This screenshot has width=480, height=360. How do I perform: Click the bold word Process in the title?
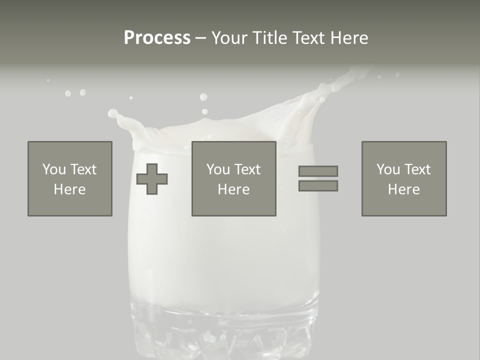coord(157,38)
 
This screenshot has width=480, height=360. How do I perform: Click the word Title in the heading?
coord(269,38)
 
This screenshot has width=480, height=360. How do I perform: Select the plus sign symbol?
coord(152,179)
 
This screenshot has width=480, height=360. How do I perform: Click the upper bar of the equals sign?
coord(318,171)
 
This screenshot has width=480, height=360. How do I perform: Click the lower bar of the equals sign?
coord(318,186)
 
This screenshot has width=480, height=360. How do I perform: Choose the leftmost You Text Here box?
coord(70,178)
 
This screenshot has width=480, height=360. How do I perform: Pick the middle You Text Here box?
coord(233,178)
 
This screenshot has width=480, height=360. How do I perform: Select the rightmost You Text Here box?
coord(404,178)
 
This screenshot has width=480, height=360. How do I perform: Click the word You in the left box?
coord(54,169)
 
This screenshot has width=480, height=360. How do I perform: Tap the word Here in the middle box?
coord(233,189)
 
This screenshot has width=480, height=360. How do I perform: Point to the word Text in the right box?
coord(416,169)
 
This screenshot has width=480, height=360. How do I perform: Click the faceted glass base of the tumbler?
coord(224,330)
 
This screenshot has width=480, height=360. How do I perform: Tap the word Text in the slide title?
coord(307,38)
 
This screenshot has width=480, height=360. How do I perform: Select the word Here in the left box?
coord(70,189)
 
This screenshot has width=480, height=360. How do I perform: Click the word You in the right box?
coord(388,169)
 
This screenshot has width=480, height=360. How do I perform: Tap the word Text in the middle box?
coord(246,169)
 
